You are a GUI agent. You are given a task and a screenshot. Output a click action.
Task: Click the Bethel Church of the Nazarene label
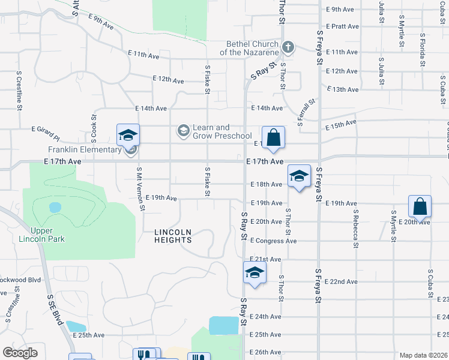point(252,48)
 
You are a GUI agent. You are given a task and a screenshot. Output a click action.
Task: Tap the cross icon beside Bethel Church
point(288,46)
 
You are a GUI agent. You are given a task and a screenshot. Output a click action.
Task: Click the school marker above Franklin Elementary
point(128,136)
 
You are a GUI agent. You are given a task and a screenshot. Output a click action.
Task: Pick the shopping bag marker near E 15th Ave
point(273,137)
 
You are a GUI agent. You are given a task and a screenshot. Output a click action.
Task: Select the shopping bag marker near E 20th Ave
point(420,206)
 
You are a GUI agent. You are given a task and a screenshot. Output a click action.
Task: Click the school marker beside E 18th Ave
point(299,176)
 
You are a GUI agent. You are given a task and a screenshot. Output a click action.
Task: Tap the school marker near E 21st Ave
point(255,273)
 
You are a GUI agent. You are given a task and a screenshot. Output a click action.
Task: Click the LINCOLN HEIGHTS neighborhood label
point(173,236)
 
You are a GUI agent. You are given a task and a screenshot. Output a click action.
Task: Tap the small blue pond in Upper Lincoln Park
point(55,208)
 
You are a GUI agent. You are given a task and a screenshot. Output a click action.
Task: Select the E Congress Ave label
point(274,241)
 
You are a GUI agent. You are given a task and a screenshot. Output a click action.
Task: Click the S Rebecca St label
point(356,228)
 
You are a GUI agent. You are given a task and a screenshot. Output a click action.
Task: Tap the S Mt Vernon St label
point(141,189)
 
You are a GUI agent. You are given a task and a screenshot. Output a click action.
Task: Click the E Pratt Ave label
point(342,26)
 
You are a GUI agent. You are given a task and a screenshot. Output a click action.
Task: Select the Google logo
point(20,353)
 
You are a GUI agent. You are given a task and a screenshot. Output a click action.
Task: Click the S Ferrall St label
point(307,109)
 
